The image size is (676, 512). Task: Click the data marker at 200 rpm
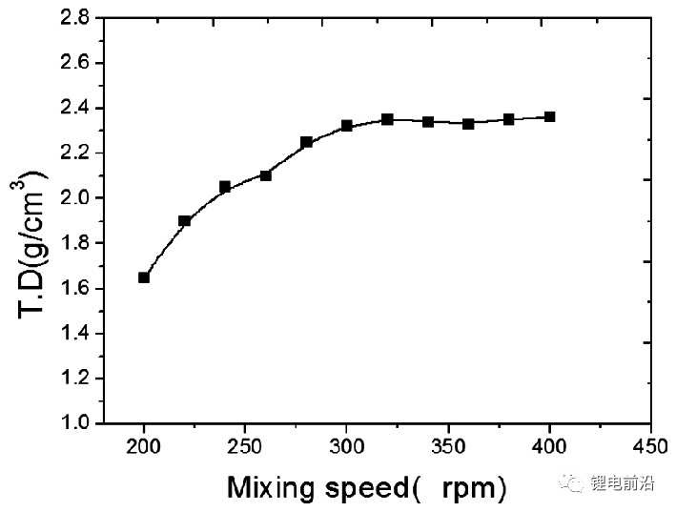click(x=144, y=277)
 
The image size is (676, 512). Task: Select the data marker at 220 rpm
click(x=185, y=220)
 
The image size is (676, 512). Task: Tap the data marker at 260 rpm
click(x=266, y=175)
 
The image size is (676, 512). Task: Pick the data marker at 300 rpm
click(x=347, y=125)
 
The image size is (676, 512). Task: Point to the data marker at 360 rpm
click(x=468, y=123)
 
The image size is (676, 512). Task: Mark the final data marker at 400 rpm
click(x=549, y=116)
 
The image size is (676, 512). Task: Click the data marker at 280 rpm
click(x=306, y=142)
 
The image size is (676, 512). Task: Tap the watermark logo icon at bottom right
click(x=574, y=483)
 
